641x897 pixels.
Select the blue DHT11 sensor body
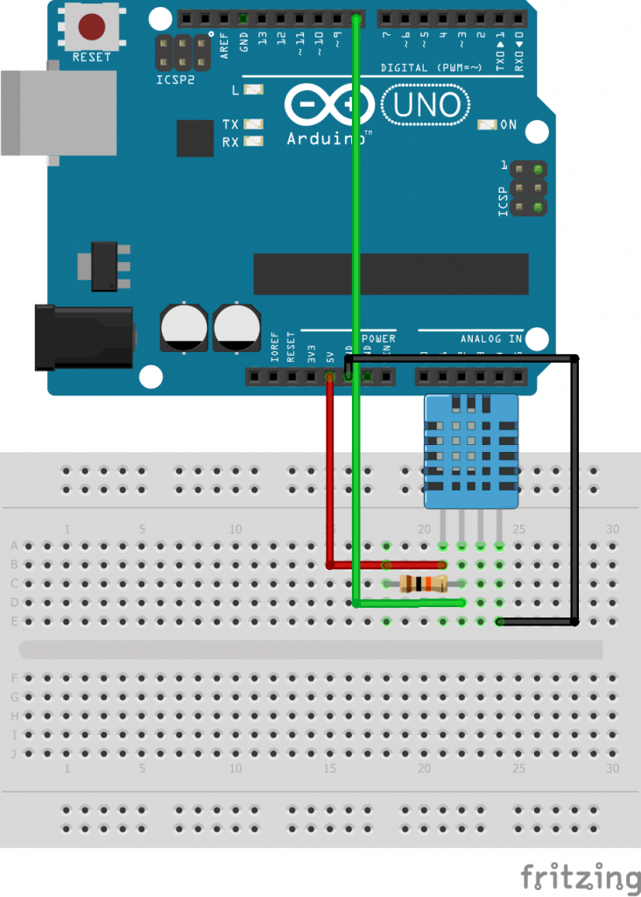pos(470,451)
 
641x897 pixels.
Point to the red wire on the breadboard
pos(329,473)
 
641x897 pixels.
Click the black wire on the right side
pos(575,491)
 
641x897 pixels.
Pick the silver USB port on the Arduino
pos(58,113)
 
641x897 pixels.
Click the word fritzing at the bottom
pos(580,877)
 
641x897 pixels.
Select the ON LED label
pos(508,125)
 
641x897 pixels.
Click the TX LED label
pos(230,124)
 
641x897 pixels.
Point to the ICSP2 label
pos(177,79)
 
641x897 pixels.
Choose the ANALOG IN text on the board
pos(491,339)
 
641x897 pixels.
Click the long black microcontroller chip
pos(391,274)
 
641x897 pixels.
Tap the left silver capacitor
pos(184,328)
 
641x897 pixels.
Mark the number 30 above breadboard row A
pos(612,529)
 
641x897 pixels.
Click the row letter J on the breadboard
pos(13,753)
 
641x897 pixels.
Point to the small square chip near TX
pos(194,138)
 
